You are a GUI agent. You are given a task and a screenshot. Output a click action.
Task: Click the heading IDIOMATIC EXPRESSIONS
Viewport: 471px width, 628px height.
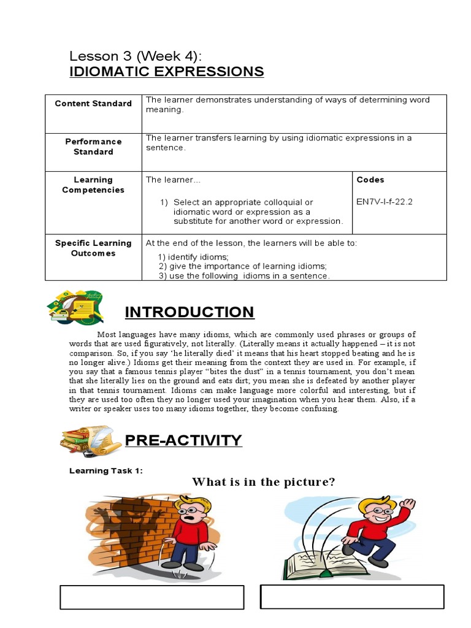(167, 72)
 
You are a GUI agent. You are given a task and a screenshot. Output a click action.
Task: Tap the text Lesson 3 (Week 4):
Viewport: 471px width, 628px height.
(136, 56)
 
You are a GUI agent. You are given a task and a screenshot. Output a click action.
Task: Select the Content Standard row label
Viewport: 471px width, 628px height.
(93, 104)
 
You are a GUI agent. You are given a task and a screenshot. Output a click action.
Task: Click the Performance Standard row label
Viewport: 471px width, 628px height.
(93, 147)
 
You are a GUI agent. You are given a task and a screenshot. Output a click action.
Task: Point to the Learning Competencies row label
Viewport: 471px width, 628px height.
(93, 185)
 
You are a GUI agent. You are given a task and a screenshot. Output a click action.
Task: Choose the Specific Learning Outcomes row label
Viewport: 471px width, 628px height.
(93, 248)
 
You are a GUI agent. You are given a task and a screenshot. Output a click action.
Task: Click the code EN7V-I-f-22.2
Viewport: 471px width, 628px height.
(385, 201)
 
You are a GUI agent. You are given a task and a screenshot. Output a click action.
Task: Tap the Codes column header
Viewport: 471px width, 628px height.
(370, 180)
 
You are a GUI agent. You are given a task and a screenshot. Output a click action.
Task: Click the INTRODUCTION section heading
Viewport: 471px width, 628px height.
(190, 312)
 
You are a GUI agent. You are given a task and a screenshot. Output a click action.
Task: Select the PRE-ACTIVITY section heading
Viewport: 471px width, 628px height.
(183, 440)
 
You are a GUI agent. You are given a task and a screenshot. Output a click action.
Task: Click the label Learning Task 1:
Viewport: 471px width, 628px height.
(106, 470)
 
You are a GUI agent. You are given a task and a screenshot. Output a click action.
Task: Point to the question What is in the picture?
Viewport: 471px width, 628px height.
(264, 482)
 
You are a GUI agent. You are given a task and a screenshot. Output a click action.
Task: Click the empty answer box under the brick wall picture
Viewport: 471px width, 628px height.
(151, 597)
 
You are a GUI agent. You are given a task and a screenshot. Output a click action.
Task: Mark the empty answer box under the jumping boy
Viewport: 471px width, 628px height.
(352, 596)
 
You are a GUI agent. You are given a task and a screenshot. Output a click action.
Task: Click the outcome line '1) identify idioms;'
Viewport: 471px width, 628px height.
(193, 257)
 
